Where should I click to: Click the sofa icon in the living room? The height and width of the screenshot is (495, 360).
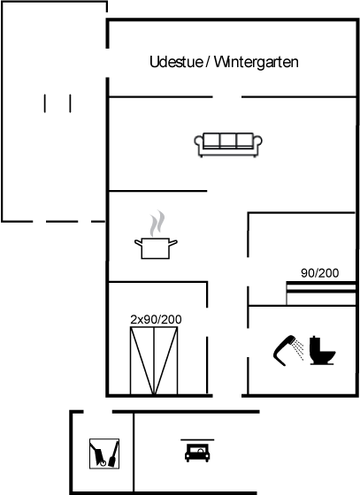click(x=228, y=145)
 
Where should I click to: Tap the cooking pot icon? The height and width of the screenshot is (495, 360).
click(x=156, y=248)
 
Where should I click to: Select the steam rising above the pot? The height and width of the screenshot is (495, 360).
click(x=157, y=224)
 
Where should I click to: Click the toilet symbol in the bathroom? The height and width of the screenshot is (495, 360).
click(x=322, y=350)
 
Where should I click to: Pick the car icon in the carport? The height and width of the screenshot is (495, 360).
click(x=197, y=453)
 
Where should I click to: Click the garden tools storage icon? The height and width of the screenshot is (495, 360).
click(x=104, y=453)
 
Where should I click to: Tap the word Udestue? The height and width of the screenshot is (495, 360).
click(x=176, y=62)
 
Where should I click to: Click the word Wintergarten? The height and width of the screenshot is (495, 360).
click(x=257, y=62)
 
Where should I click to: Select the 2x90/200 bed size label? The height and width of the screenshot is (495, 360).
click(x=156, y=319)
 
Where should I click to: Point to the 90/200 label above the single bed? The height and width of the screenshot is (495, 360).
click(x=320, y=273)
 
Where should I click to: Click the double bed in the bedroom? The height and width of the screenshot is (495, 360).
click(x=154, y=361)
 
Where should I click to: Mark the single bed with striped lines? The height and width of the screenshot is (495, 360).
click(x=321, y=293)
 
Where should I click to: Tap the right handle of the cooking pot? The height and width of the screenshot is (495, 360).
click(x=173, y=243)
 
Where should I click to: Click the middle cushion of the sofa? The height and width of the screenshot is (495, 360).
click(x=228, y=141)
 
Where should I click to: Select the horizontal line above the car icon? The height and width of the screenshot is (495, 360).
click(x=197, y=440)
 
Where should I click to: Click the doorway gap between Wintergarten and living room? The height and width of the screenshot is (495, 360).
click(x=227, y=97)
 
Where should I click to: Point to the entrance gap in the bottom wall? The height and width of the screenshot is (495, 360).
click(x=227, y=396)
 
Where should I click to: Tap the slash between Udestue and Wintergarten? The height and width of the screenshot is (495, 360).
click(x=208, y=62)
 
